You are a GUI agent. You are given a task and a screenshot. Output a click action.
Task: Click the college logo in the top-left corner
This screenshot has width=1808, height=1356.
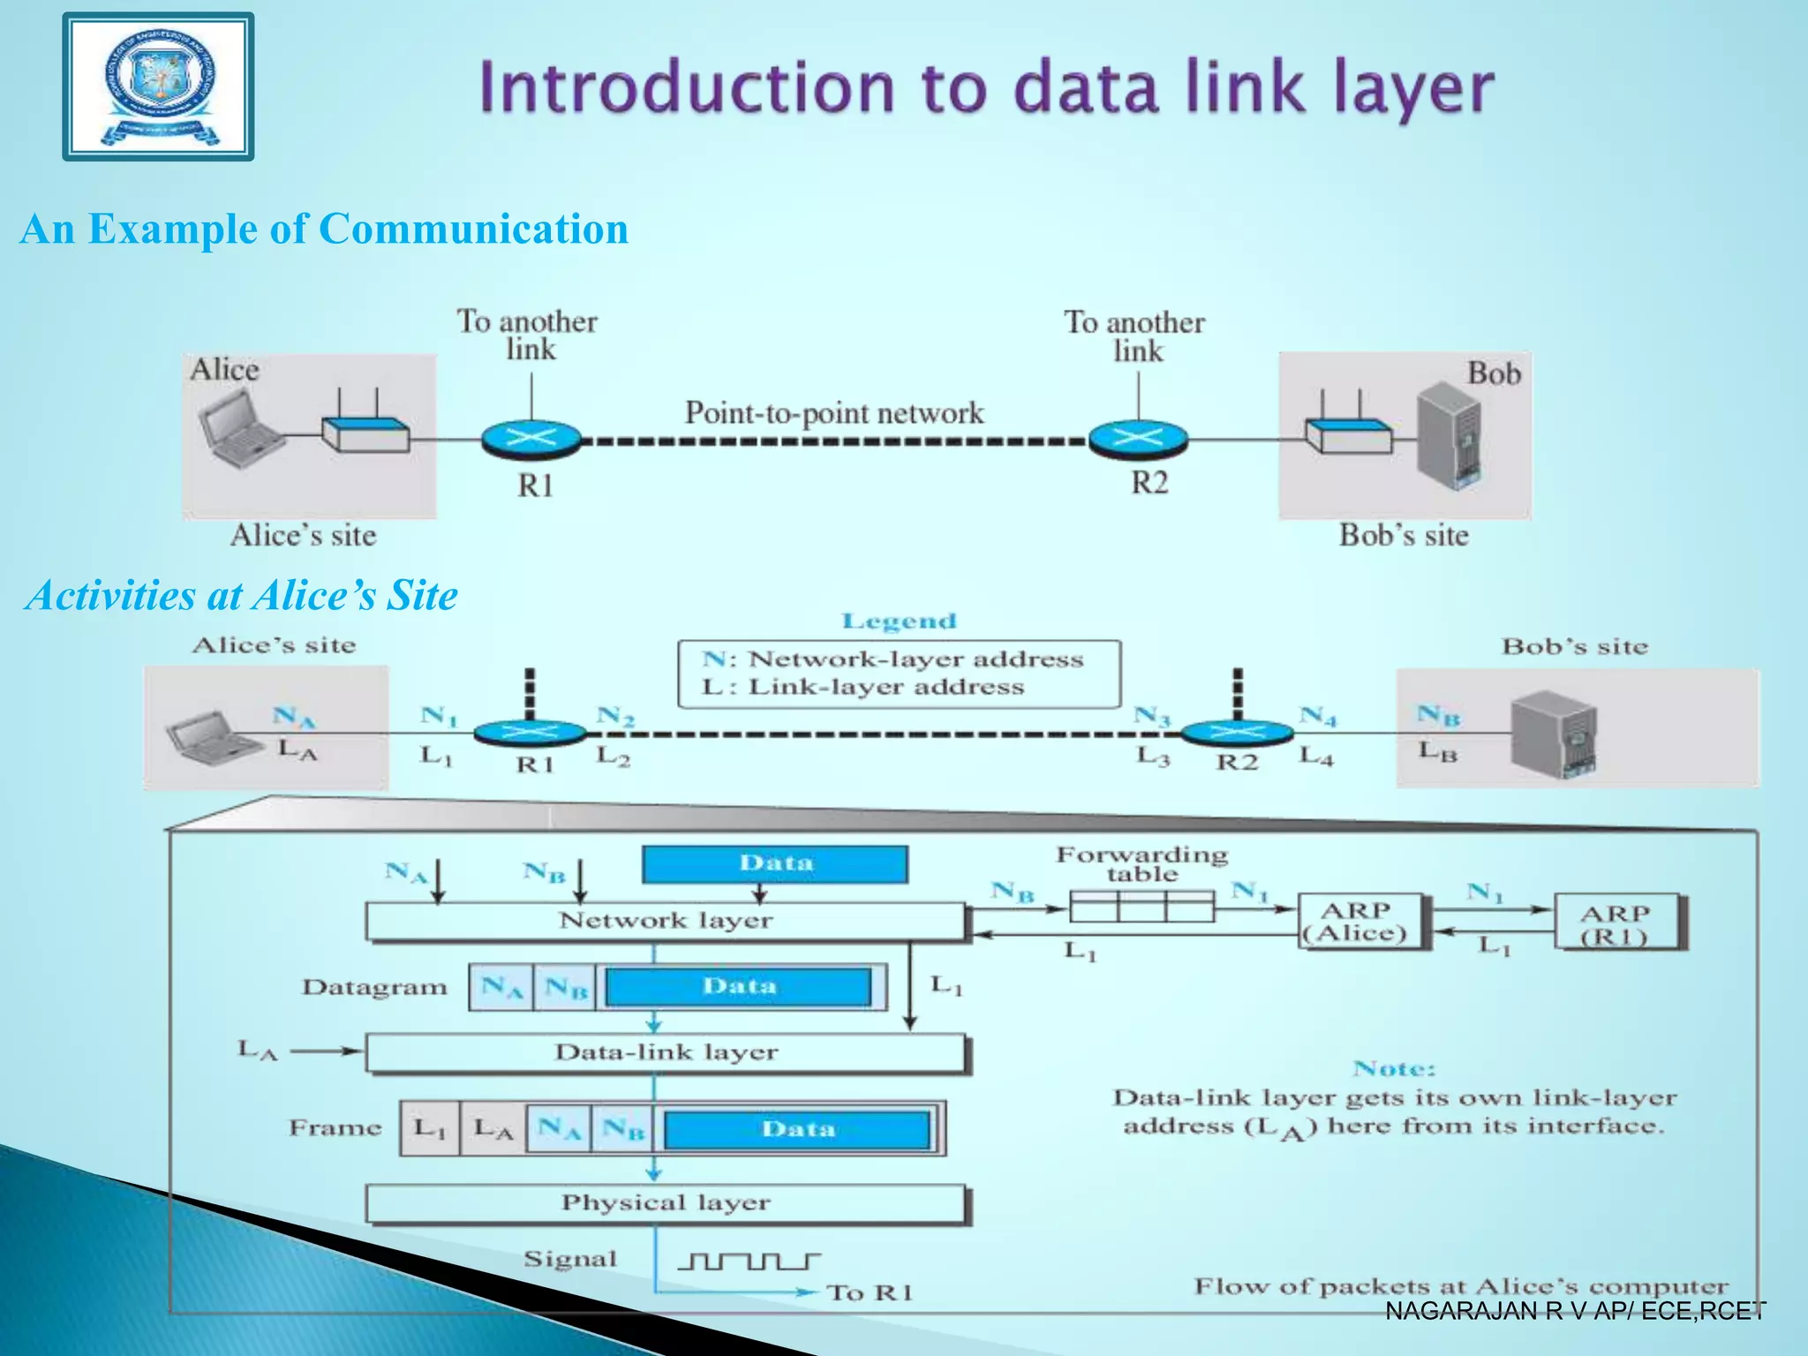159,87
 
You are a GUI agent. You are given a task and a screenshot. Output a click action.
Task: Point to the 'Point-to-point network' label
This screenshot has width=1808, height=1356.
833,413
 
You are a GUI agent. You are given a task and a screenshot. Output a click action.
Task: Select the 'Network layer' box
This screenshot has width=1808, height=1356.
666,922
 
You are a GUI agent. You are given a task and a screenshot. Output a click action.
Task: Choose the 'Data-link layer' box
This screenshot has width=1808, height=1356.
666,1053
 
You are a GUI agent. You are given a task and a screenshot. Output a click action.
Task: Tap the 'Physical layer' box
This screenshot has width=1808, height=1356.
666,1203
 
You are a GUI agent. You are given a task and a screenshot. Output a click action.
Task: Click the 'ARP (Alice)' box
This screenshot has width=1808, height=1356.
1360,923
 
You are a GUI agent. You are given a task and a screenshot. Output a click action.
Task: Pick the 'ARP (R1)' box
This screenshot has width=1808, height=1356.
1616,923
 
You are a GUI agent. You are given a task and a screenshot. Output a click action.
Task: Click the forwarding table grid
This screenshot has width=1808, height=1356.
1141,907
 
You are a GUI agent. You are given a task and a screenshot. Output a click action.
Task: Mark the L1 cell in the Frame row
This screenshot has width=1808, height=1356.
430,1128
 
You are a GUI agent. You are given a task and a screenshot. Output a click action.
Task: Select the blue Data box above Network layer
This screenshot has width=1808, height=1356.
775,864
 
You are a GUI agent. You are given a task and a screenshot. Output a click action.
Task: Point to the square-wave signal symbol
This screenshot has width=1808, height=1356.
749,1261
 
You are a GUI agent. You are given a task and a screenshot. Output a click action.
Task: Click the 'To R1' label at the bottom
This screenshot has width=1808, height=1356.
869,1293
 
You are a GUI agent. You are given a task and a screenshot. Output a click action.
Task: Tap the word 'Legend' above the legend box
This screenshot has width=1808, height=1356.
899,621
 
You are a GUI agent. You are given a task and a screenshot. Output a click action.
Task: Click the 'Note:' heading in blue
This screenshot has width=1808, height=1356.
1394,1069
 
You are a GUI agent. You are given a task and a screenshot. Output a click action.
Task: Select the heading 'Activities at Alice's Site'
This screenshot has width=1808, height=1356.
242,595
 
